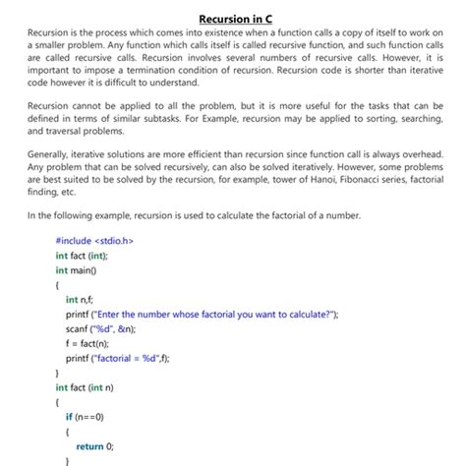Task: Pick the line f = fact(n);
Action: pos(90,343)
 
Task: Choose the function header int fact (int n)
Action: pos(86,387)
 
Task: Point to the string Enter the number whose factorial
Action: pos(187,314)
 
